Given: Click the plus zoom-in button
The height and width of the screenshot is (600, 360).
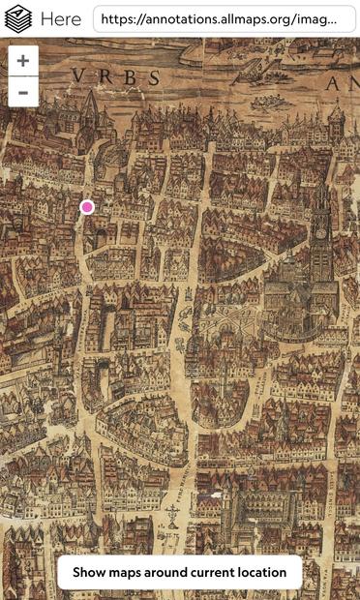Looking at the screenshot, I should (23, 60).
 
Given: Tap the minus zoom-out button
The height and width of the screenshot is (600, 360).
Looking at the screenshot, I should (23, 92).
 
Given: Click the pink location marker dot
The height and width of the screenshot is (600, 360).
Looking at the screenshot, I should (88, 206).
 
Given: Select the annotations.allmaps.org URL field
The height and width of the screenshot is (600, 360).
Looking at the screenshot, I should (219, 18).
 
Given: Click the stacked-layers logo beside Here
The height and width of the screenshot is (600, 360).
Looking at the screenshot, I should (18, 18).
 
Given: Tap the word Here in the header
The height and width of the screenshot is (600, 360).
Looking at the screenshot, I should (61, 18).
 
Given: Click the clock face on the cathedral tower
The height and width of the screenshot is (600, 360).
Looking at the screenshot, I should (321, 232).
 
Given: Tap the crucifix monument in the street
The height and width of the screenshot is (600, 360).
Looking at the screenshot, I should (172, 510).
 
